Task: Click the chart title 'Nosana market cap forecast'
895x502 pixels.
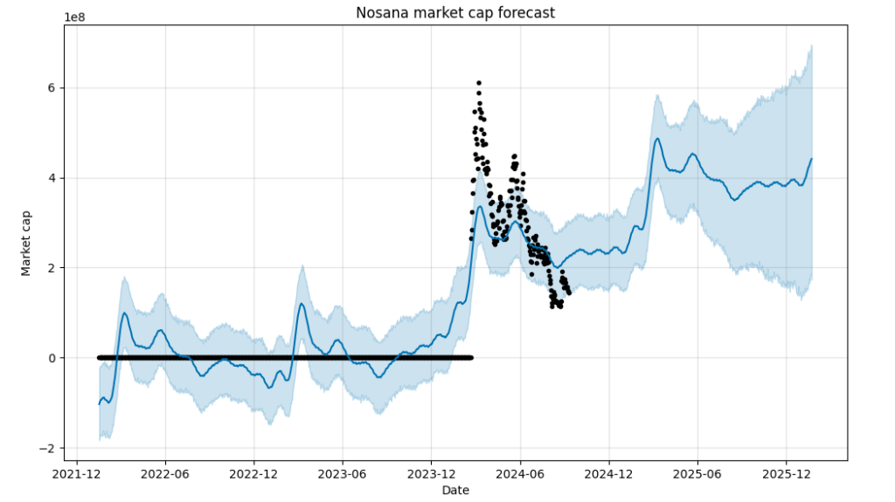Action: (x=454, y=12)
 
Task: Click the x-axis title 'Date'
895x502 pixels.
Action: (x=454, y=490)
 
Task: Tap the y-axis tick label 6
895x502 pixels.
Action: (x=52, y=88)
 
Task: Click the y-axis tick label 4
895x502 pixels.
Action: (x=52, y=178)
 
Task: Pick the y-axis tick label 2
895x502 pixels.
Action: (x=52, y=268)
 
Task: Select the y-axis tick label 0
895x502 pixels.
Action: (x=52, y=358)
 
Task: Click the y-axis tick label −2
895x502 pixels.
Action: (x=48, y=448)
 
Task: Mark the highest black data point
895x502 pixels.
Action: (x=479, y=83)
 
